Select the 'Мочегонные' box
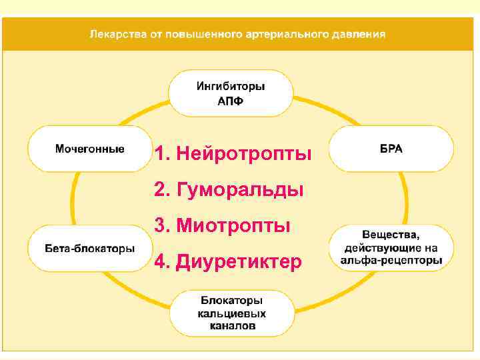pyautogui.click(x=89, y=149)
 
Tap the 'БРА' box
pyautogui.click(x=391, y=149)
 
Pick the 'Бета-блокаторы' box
pyautogui.click(x=89, y=248)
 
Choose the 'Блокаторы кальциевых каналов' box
pyautogui.click(x=231, y=313)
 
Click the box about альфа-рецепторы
pyautogui.click(x=391, y=248)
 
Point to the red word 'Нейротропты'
pyautogui.click(x=243, y=155)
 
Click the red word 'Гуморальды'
pyautogui.click(x=240, y=191)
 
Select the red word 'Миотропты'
pyautogui.click(x=233, y=226)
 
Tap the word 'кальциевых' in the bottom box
pyautogui.click(x=231, y=313)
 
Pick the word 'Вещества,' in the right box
pyautogui.click(x=391, y=235)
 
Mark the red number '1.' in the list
pyautogui.click(x=162, y=155)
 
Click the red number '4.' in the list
pyautogui.click(x=162, y=262)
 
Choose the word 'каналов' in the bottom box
pyautogui.click(x=231, y=327)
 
